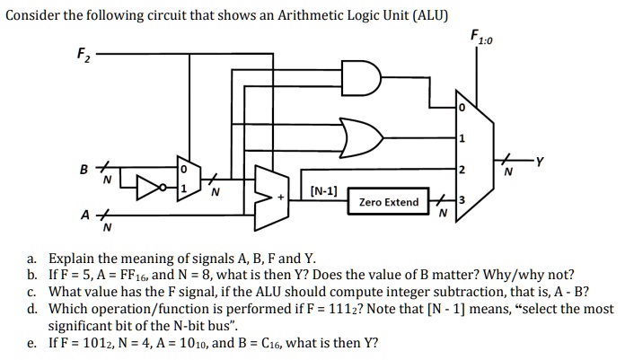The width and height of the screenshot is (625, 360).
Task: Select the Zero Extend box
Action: pyautogui.click(x=388, y=203)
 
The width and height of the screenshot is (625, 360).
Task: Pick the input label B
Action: pyautogui.click(x=85, y=167)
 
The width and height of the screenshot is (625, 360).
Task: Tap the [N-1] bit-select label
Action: pyautogui.click(x=323, y=190)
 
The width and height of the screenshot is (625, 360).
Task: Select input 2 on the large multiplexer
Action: pyautogui.click(x=462, y=170)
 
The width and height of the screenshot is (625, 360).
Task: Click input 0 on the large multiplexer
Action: pyautogui.click(x=462, y=108)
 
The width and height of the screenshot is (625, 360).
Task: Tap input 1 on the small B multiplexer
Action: pyautogui.click(x=184, y=188)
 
